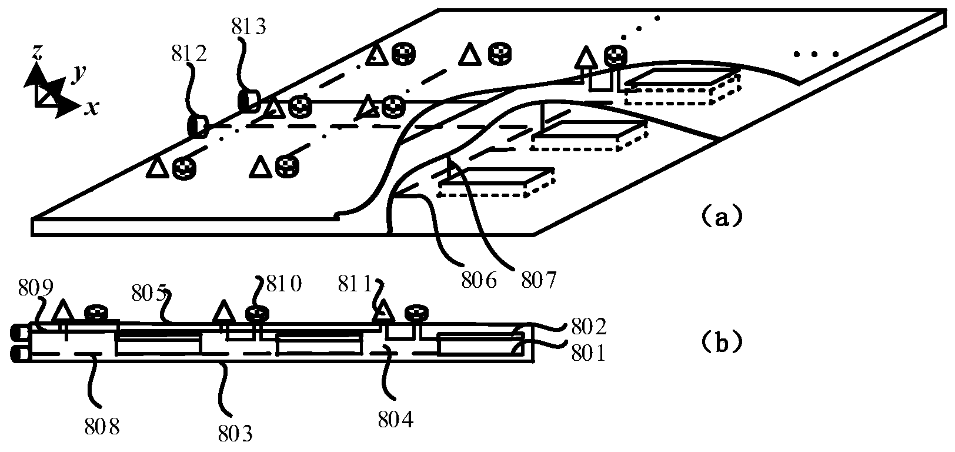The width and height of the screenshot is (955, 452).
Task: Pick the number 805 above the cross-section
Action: tap(149, 294)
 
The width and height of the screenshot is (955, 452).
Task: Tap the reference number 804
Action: tap(396, 419)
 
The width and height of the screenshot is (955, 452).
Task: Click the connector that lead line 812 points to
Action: tap(198, 126)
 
